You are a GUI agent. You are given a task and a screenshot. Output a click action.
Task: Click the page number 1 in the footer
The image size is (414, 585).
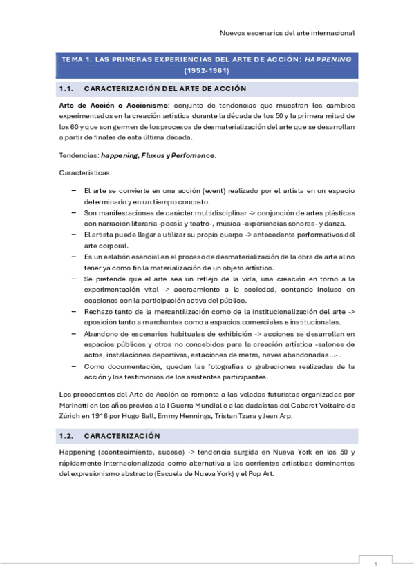coord(375,564)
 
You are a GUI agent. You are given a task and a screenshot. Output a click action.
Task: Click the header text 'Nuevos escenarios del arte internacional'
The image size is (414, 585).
coord(287,32)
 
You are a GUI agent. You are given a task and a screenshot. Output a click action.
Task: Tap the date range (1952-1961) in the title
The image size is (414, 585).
coord(207,70)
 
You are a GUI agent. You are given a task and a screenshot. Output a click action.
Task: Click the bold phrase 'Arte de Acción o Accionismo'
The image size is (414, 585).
coord(109,105)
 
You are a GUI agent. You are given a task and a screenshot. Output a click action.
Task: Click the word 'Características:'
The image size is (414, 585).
coord(81,171)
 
